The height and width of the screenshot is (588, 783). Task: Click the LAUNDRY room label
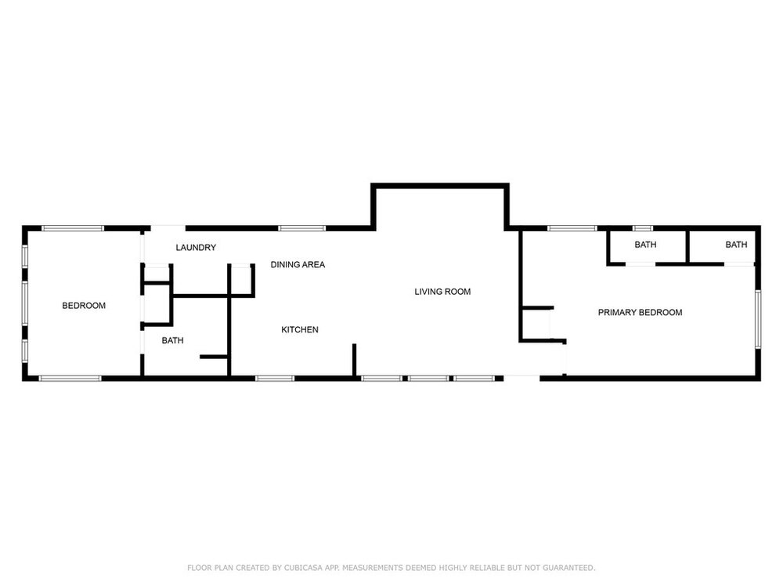[x=196, y=248]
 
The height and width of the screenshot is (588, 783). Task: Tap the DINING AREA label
[x=298, y=264]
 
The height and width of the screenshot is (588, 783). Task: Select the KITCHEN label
[x=300, y=329]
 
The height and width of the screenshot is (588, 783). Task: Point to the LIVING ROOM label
[x=442, y=292]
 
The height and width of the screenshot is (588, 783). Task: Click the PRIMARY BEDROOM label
[x=640, y=313]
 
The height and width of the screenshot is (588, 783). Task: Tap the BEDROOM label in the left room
[x=84, y=306]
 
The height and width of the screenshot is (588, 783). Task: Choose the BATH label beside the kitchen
[x=172, y=340]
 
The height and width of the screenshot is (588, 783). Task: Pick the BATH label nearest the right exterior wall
[x=736, y=245]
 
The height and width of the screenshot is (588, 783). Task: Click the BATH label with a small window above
[x=645, y=245]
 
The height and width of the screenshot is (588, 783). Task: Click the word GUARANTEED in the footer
[x=568, y=568]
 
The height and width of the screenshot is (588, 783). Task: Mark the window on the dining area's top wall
[x=301, y=228]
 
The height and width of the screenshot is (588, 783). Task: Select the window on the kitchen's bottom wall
[x=275, y=379]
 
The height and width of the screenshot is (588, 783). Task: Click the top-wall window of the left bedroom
[x=73, y=228]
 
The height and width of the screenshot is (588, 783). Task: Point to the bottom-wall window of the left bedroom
[x=70, y=379]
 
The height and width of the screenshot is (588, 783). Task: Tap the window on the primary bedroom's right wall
[x=757, y=320]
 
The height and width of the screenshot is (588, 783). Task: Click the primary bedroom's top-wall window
[x=572, y=228]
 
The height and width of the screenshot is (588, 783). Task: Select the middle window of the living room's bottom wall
[x=428, y=379]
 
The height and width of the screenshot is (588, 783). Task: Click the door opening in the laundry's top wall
[x=168, y=228]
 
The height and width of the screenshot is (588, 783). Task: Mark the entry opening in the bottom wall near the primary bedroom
[x=521, y=378]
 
